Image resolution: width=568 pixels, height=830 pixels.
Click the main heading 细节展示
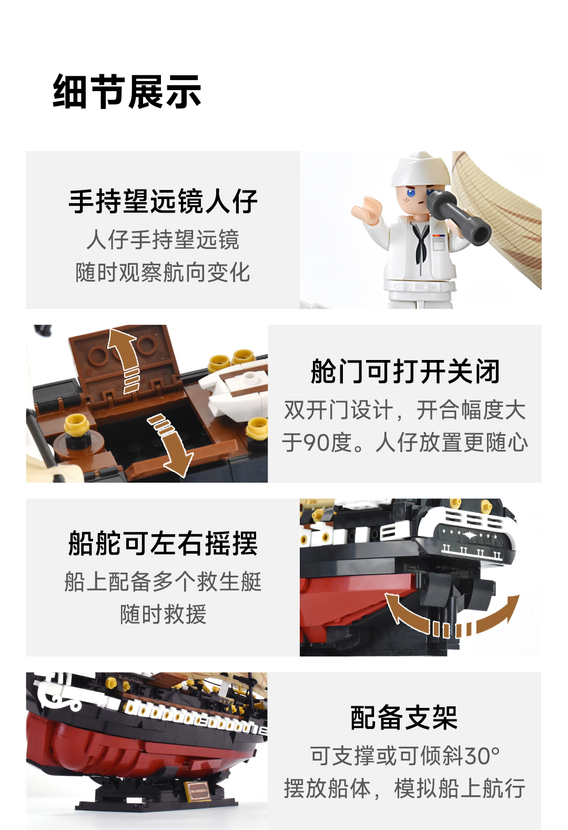[127, 92]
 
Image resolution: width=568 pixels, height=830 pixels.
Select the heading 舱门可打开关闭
[405, 371]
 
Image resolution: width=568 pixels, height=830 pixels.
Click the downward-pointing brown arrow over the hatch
[171, 445]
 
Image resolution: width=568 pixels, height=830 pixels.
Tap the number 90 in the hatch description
[317, 443]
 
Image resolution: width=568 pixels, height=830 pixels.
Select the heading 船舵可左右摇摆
[163, 544]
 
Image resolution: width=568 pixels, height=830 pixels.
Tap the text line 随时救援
[163, 614]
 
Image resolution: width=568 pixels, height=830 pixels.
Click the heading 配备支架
[404, 717]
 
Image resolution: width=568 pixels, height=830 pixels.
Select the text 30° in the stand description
[482, 755]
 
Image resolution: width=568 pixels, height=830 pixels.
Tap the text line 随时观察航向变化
[163, 272]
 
